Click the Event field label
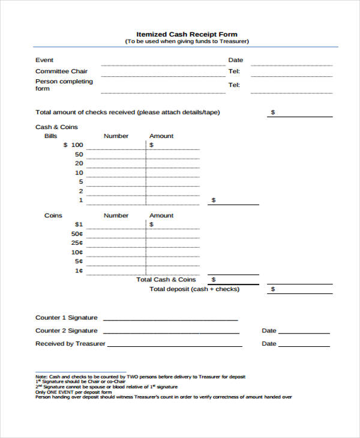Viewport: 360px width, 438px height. [44, 60]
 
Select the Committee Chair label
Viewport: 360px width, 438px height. [61, 71]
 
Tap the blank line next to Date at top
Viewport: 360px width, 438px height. [292, 64]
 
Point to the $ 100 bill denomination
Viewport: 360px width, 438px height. [73, 145]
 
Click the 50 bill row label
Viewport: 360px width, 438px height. [79, 154]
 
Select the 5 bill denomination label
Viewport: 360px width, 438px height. [80, 181]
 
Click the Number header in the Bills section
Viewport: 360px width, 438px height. [116, 136]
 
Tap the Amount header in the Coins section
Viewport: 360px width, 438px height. [161, 215]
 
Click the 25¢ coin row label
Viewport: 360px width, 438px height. [77, 243]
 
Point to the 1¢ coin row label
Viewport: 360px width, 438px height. [79, 271]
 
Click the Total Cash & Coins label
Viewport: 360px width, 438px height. [166, 280]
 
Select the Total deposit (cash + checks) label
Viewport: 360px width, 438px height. [194, 289]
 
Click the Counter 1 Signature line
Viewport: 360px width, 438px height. [171, 320]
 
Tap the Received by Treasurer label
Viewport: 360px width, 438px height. [70, 344]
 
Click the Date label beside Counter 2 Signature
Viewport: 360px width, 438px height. [269, 331]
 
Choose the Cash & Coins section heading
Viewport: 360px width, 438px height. [56, 127]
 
